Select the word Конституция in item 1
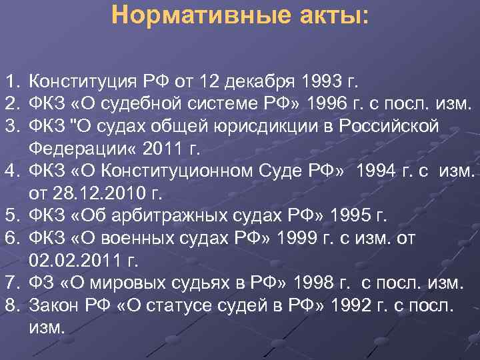coord(83,82)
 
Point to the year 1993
coord(323,82)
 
